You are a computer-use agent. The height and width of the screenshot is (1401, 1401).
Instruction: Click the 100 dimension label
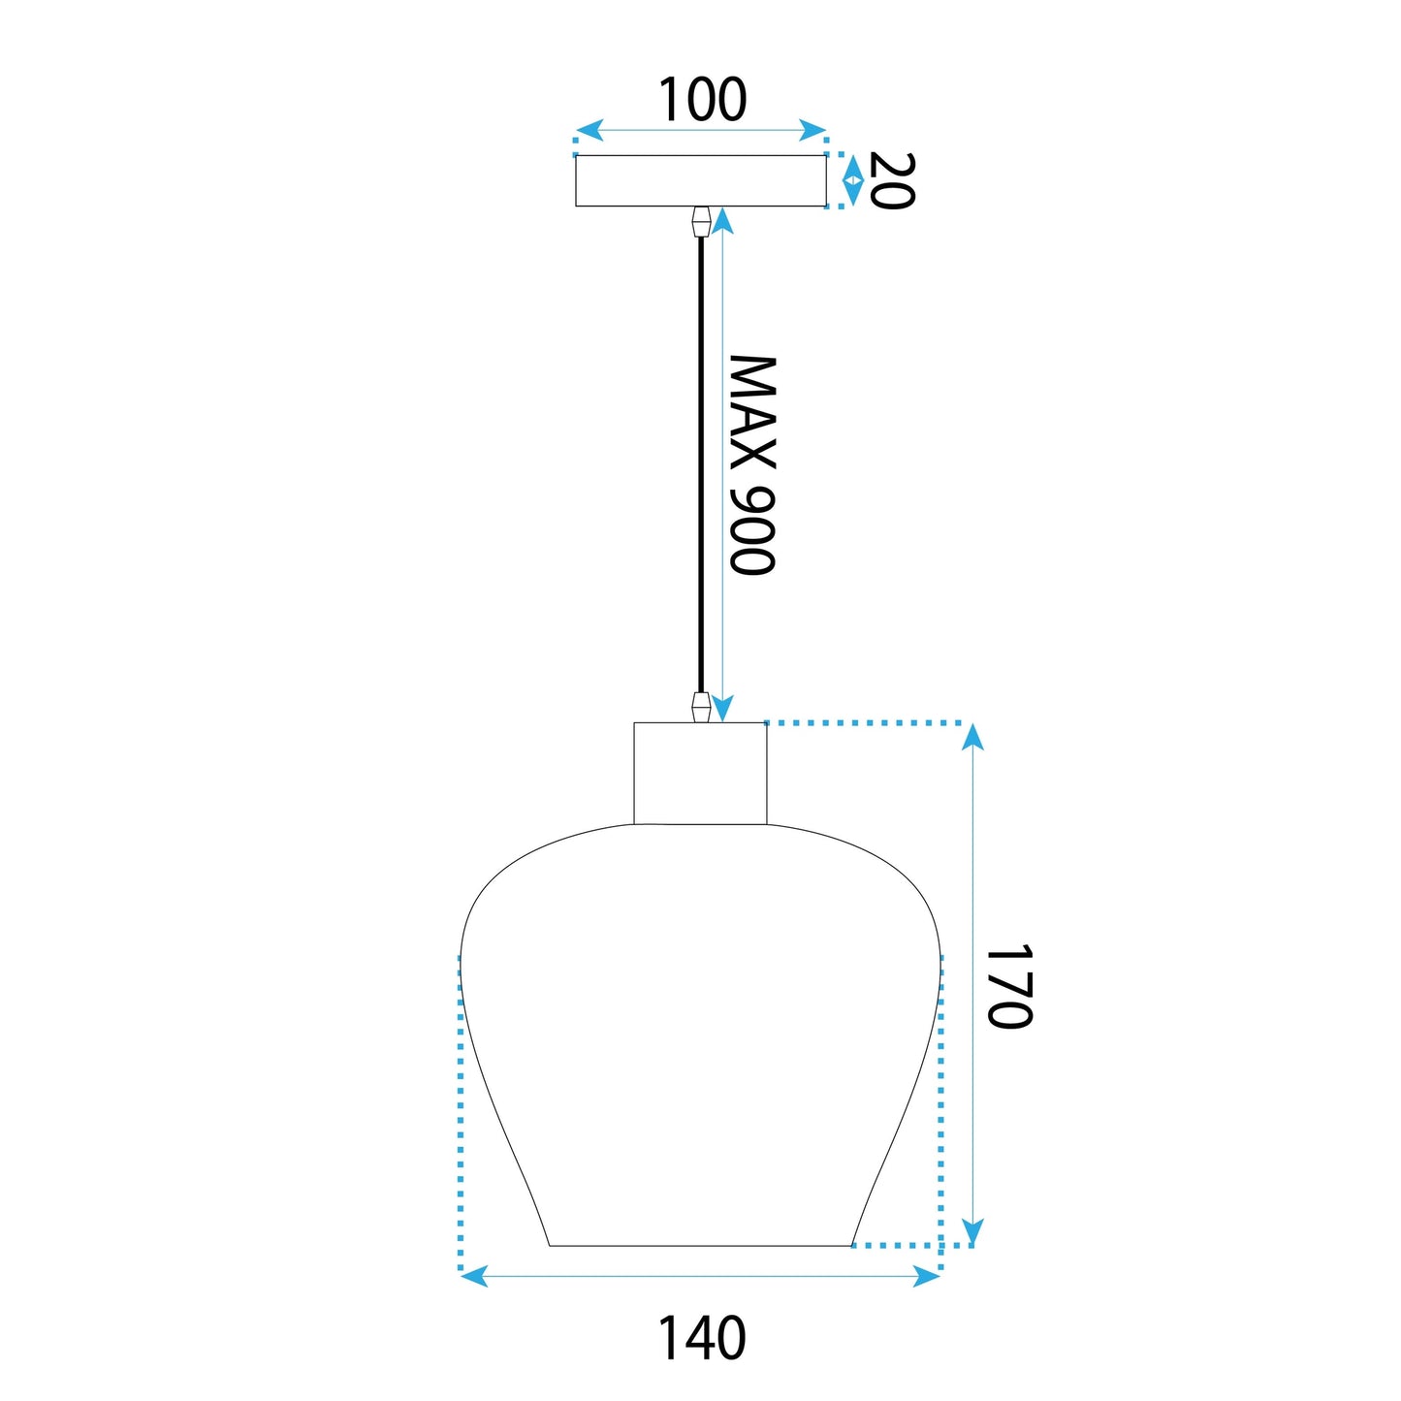(x=702, y=99)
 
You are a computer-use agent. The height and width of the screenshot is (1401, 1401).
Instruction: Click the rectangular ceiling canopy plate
(x=701, y=180)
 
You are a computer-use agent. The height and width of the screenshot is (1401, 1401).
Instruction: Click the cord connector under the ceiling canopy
(x=701, y=221)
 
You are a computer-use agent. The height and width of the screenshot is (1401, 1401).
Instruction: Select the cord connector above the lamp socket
(x=701, y=708)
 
